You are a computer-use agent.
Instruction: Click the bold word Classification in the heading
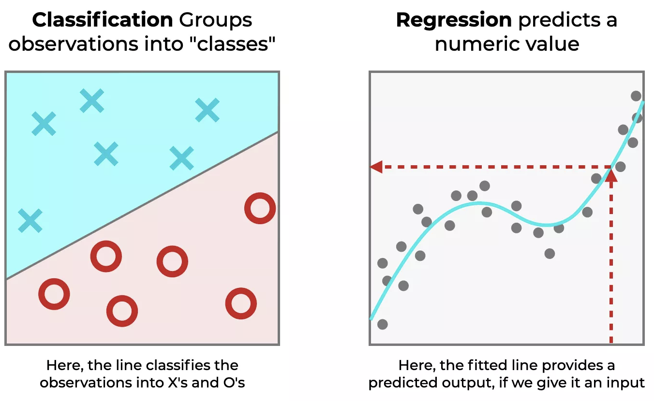tap(102, 20)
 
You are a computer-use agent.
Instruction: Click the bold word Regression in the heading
tap(453, 20)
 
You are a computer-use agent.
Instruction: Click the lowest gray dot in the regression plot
tap(382, 324)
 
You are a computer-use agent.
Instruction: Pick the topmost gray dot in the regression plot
tap(636, 96)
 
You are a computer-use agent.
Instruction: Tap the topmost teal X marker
tap(91, 101)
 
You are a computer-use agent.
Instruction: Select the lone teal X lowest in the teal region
tap(30, 220)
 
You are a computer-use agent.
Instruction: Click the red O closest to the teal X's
tap(260, 209)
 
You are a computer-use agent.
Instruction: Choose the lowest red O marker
tap(122, 311)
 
